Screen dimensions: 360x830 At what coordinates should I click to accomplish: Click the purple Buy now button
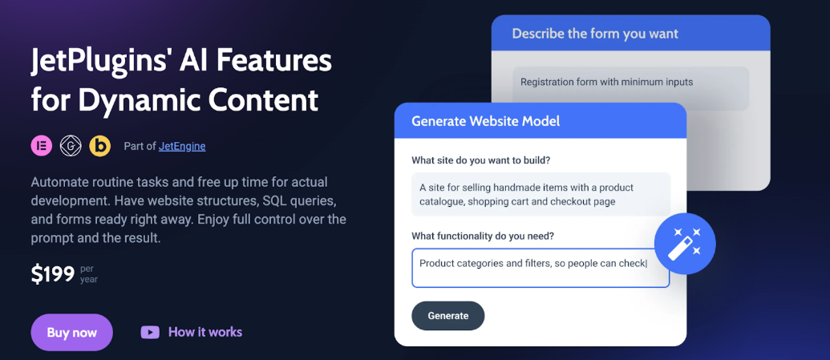point(71,332)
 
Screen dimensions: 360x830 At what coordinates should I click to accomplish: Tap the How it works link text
point(204,332)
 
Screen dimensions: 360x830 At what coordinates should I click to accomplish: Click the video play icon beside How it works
point(150,332)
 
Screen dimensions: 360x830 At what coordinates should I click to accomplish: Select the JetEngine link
point(182,146)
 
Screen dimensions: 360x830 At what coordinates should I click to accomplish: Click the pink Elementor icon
point(42,145)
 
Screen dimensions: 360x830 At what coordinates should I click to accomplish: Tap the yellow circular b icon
point(99,145)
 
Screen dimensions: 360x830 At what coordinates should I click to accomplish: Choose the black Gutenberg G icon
point(71,145)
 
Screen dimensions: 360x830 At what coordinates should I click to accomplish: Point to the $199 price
point(52,274)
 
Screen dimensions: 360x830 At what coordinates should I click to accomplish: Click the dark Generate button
point(447,316)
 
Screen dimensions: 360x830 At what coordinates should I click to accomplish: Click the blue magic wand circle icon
point(684,242)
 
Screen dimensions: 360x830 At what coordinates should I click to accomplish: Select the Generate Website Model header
point(485,122)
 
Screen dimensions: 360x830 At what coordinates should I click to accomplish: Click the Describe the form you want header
point(594,34)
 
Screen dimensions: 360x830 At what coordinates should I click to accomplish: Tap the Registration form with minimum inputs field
point(630,87)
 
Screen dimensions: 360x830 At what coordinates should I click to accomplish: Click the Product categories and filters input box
point(540,267)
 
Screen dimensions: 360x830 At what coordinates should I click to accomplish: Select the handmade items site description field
point(540,195)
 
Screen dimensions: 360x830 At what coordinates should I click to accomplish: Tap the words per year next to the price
point(88,274)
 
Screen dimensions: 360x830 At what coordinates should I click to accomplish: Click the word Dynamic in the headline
point(132,100)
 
